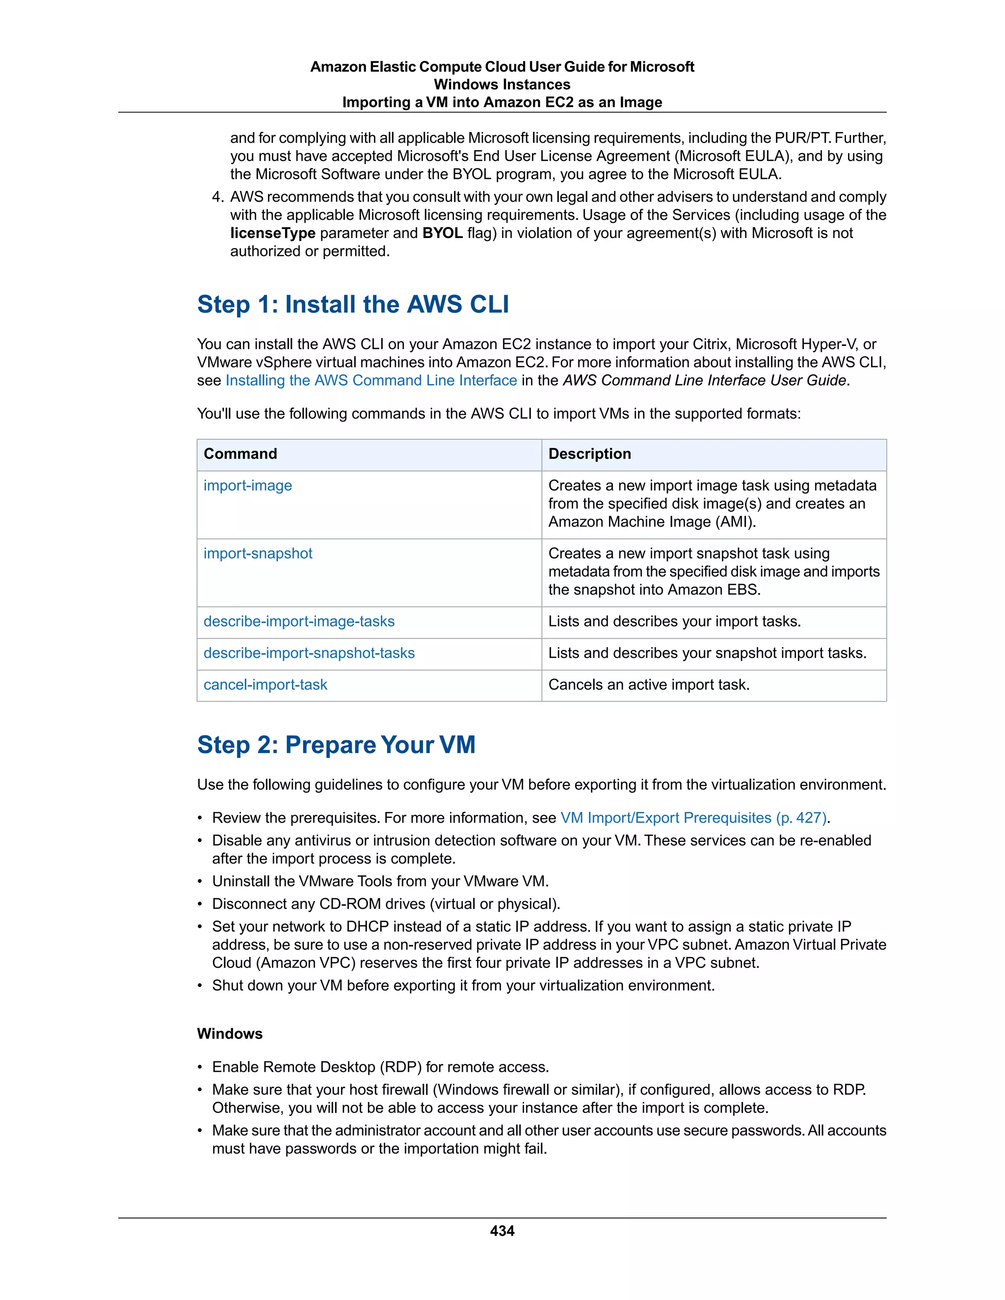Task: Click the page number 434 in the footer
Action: click(502, 1231)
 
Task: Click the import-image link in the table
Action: click(248, 486)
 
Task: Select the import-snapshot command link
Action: click(258, 553)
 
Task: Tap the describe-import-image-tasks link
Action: click(299, 622)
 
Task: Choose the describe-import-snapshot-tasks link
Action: click(309, 653)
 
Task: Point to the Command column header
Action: click(240, 454)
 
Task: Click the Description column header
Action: click(589, 454)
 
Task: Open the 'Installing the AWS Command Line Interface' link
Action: click(371, 380)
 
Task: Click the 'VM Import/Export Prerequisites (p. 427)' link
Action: click(693, 818)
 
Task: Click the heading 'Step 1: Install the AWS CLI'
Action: click(353, 304)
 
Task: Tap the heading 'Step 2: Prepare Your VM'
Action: click(336, 745)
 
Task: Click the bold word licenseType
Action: click(273, 234)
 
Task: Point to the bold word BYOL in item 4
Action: click(442, 234)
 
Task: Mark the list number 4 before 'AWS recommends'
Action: click(217, 197)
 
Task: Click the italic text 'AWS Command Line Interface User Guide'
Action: click(704, 380)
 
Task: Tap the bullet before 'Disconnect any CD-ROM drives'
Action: click(200, 904)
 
